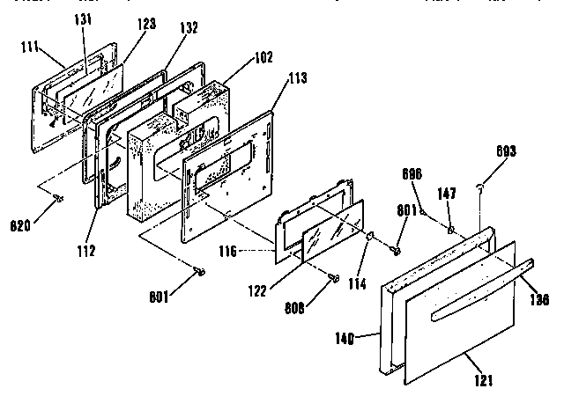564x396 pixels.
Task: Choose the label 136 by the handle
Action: pos(539,299)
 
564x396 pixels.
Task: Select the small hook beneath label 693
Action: pos(478,186)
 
